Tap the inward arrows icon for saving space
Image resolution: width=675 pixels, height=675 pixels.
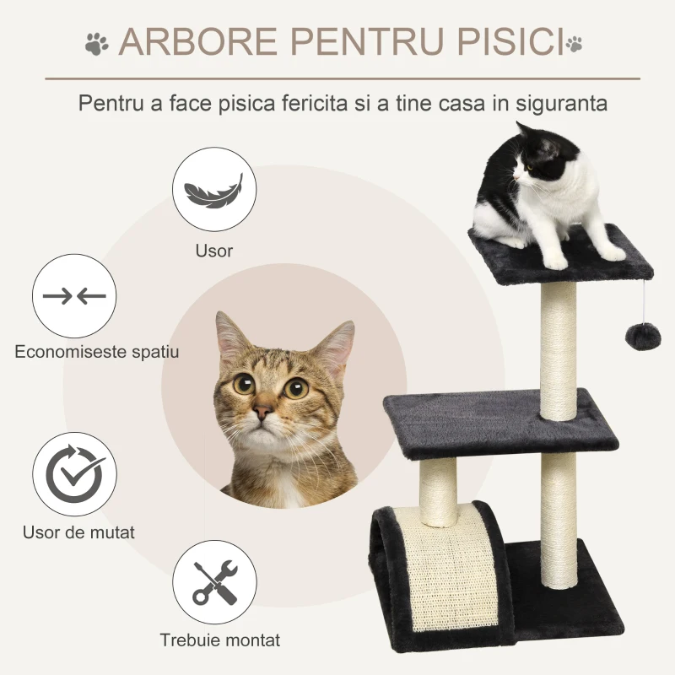pos(74,296)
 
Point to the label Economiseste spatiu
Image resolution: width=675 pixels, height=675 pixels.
pos(96,352)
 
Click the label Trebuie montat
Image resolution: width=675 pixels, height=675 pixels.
pos(220,640)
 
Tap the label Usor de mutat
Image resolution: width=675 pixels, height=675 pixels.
pos(79,532)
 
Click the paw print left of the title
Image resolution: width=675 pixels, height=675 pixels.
pos(97,42)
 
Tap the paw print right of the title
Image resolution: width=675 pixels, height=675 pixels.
pos(575,41)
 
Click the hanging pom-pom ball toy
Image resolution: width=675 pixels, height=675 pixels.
pos(638,337)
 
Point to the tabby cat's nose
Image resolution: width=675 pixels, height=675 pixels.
pos(263,413)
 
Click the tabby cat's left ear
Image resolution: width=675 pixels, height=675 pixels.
pos(228,336)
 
